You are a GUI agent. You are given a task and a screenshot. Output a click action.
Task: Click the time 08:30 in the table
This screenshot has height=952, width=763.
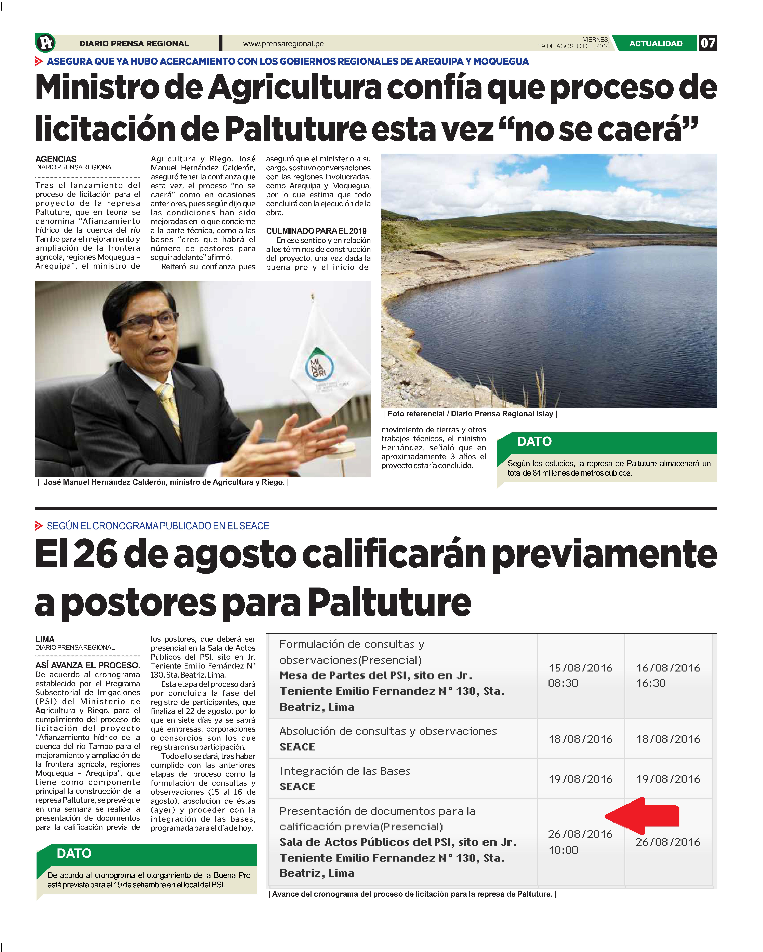(x=563, y=683)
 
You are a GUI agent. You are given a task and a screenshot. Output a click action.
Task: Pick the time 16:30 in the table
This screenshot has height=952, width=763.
(x=651, y=683)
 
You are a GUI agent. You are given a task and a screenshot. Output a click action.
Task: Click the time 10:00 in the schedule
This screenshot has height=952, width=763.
(x=563, y=850)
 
